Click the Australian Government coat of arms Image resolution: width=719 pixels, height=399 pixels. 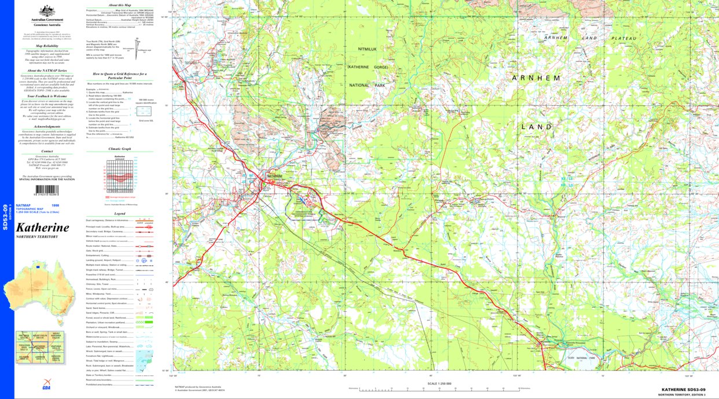pyautogui.click(x=47, y=11)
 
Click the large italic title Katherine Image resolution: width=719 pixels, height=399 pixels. pyautogui.click(x=42, y=227)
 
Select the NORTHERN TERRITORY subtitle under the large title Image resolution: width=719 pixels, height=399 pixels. pyautogui.click(x=38, y=237)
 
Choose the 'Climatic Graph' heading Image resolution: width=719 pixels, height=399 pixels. pyautogui.click(x=119, y=149)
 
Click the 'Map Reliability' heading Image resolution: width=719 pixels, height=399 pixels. pyautogui.click(x=47, y=46)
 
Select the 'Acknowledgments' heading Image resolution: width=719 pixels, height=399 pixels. pyautogui.click(x=47, y=126)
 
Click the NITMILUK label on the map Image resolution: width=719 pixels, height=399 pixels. pyautogui.click(x=370, y=50)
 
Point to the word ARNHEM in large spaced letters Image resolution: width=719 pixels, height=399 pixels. pyautogui.click(x=536, y=77)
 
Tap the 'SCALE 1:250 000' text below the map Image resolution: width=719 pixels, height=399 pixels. pyautogui.click(x=440, y=383)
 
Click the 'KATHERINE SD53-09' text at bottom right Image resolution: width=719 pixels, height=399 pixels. pyautogui.click(x=683, y=390)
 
